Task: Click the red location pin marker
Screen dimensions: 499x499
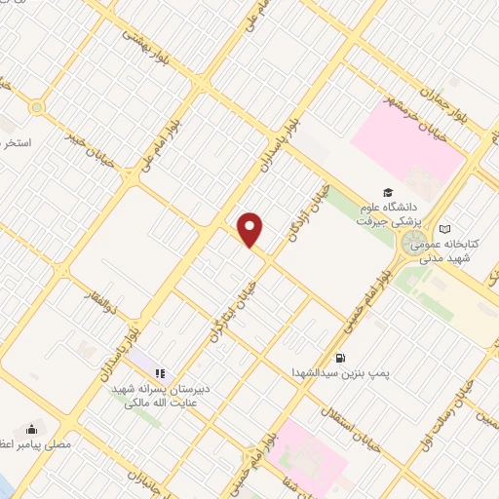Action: pyautogui.click(x=251, y=230)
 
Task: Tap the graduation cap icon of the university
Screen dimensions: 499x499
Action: pyautogui.click(x=387, y=193)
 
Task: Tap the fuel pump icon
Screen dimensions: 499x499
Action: pyautogui.click(x=340, y=358)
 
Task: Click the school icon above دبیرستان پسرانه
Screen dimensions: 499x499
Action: pyautogui.click(x=161, y=372)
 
